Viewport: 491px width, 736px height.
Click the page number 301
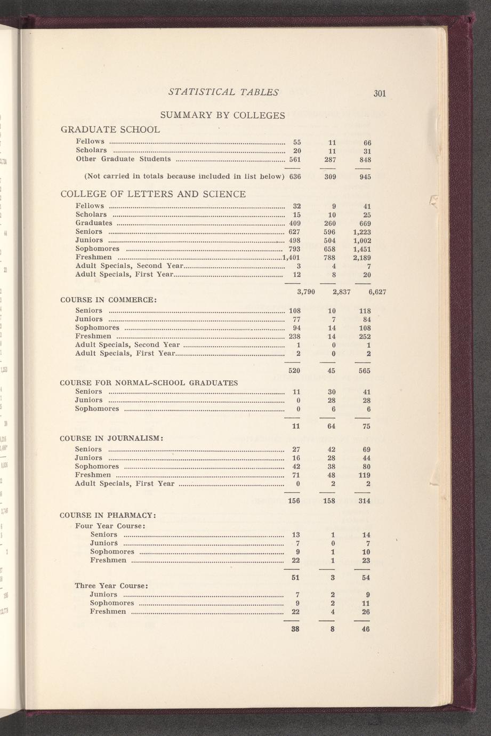pyautogui.click(x=379, y=93)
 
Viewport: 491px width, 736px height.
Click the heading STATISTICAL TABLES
pyautogui.click(x=223, y=92)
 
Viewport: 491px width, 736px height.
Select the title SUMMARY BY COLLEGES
pyautogui.click(x=223, y=115)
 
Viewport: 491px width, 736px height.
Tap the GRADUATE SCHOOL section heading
pyautogui.click(x=110, y=130)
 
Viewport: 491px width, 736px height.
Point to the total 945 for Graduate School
pyautogui.click(x=365, y=177)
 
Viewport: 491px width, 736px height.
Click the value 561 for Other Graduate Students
pyautogui.click(x=295, y=159)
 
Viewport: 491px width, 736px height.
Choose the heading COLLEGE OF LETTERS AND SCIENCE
pyautogui.click(x=154, y=194)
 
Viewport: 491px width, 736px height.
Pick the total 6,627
pyautogui.click(x=376, y=292)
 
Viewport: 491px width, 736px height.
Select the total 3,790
pyautogui.click(x=305, y=292)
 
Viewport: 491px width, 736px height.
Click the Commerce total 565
pyautogui.click(x=365, y=370)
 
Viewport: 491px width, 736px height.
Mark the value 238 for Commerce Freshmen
pyautogui.click(x=295, y=337)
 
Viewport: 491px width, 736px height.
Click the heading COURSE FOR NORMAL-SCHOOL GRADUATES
pyautogui.click(x=149, y=382)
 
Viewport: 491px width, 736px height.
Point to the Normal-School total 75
pyautogui.click(x=366, y=426)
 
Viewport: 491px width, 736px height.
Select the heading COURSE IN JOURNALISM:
pyautogui.click(x=111, y=438)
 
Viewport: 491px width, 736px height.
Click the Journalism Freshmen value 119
pyautogui.click(x=364, y=475)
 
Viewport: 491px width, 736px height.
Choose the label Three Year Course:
pyautogui.click(x=111, y=585)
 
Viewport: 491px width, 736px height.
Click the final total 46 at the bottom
pyautogui.click(x=366, y=629)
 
